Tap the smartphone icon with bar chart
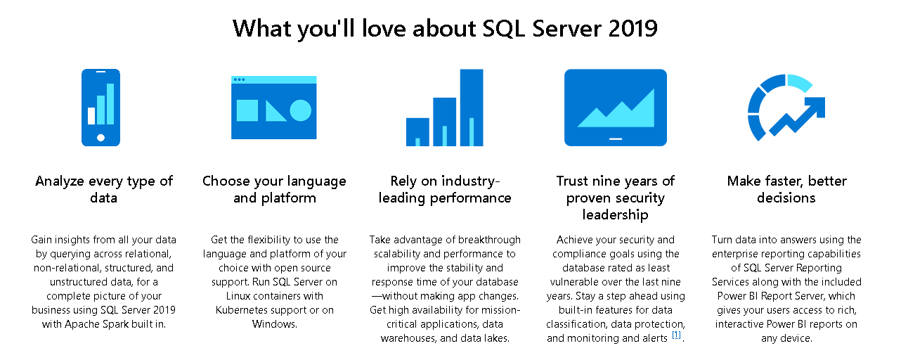[x=100, y=107]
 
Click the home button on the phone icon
[x=100, y=138]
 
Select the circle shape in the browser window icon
[x=300, y=110]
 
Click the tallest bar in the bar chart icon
[x=472, y=107]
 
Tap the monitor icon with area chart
[x=615, y=107]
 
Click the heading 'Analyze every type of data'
[x=104, y=189]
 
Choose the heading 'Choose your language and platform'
[x=274, y=189]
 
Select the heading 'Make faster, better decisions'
[x=786, y=189]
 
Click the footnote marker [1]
[x=676, y=335]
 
